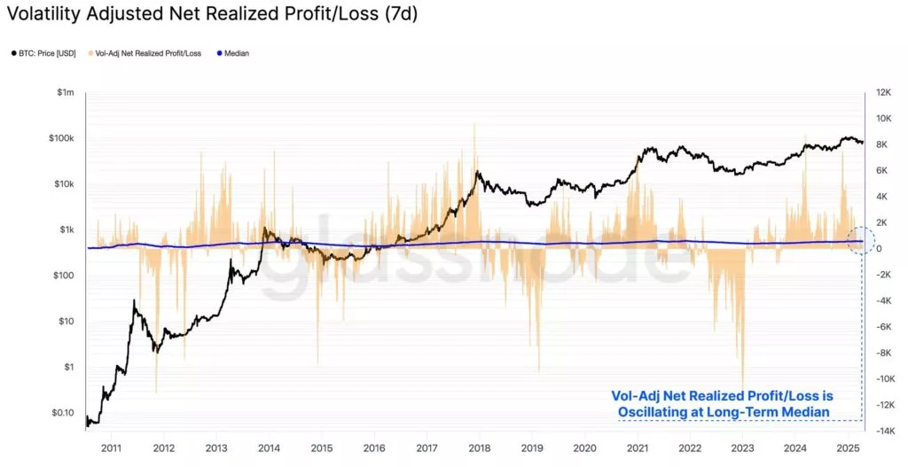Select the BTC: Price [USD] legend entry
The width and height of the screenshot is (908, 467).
(46, 53)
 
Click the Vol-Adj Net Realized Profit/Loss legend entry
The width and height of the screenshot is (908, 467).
(146, 53)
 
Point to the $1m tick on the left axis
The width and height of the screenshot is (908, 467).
(65, 92)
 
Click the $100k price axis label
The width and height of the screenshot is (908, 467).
(62, 138)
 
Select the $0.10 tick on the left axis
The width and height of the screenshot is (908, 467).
(62, 413)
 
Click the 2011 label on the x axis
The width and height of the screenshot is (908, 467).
(111, 448)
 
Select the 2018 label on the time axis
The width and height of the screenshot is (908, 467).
(479, 448)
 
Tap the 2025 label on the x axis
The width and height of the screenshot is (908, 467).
(848, 448)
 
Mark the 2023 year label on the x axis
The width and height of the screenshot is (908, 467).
(742, 448)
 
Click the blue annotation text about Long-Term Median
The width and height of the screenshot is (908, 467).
(722, 404)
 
